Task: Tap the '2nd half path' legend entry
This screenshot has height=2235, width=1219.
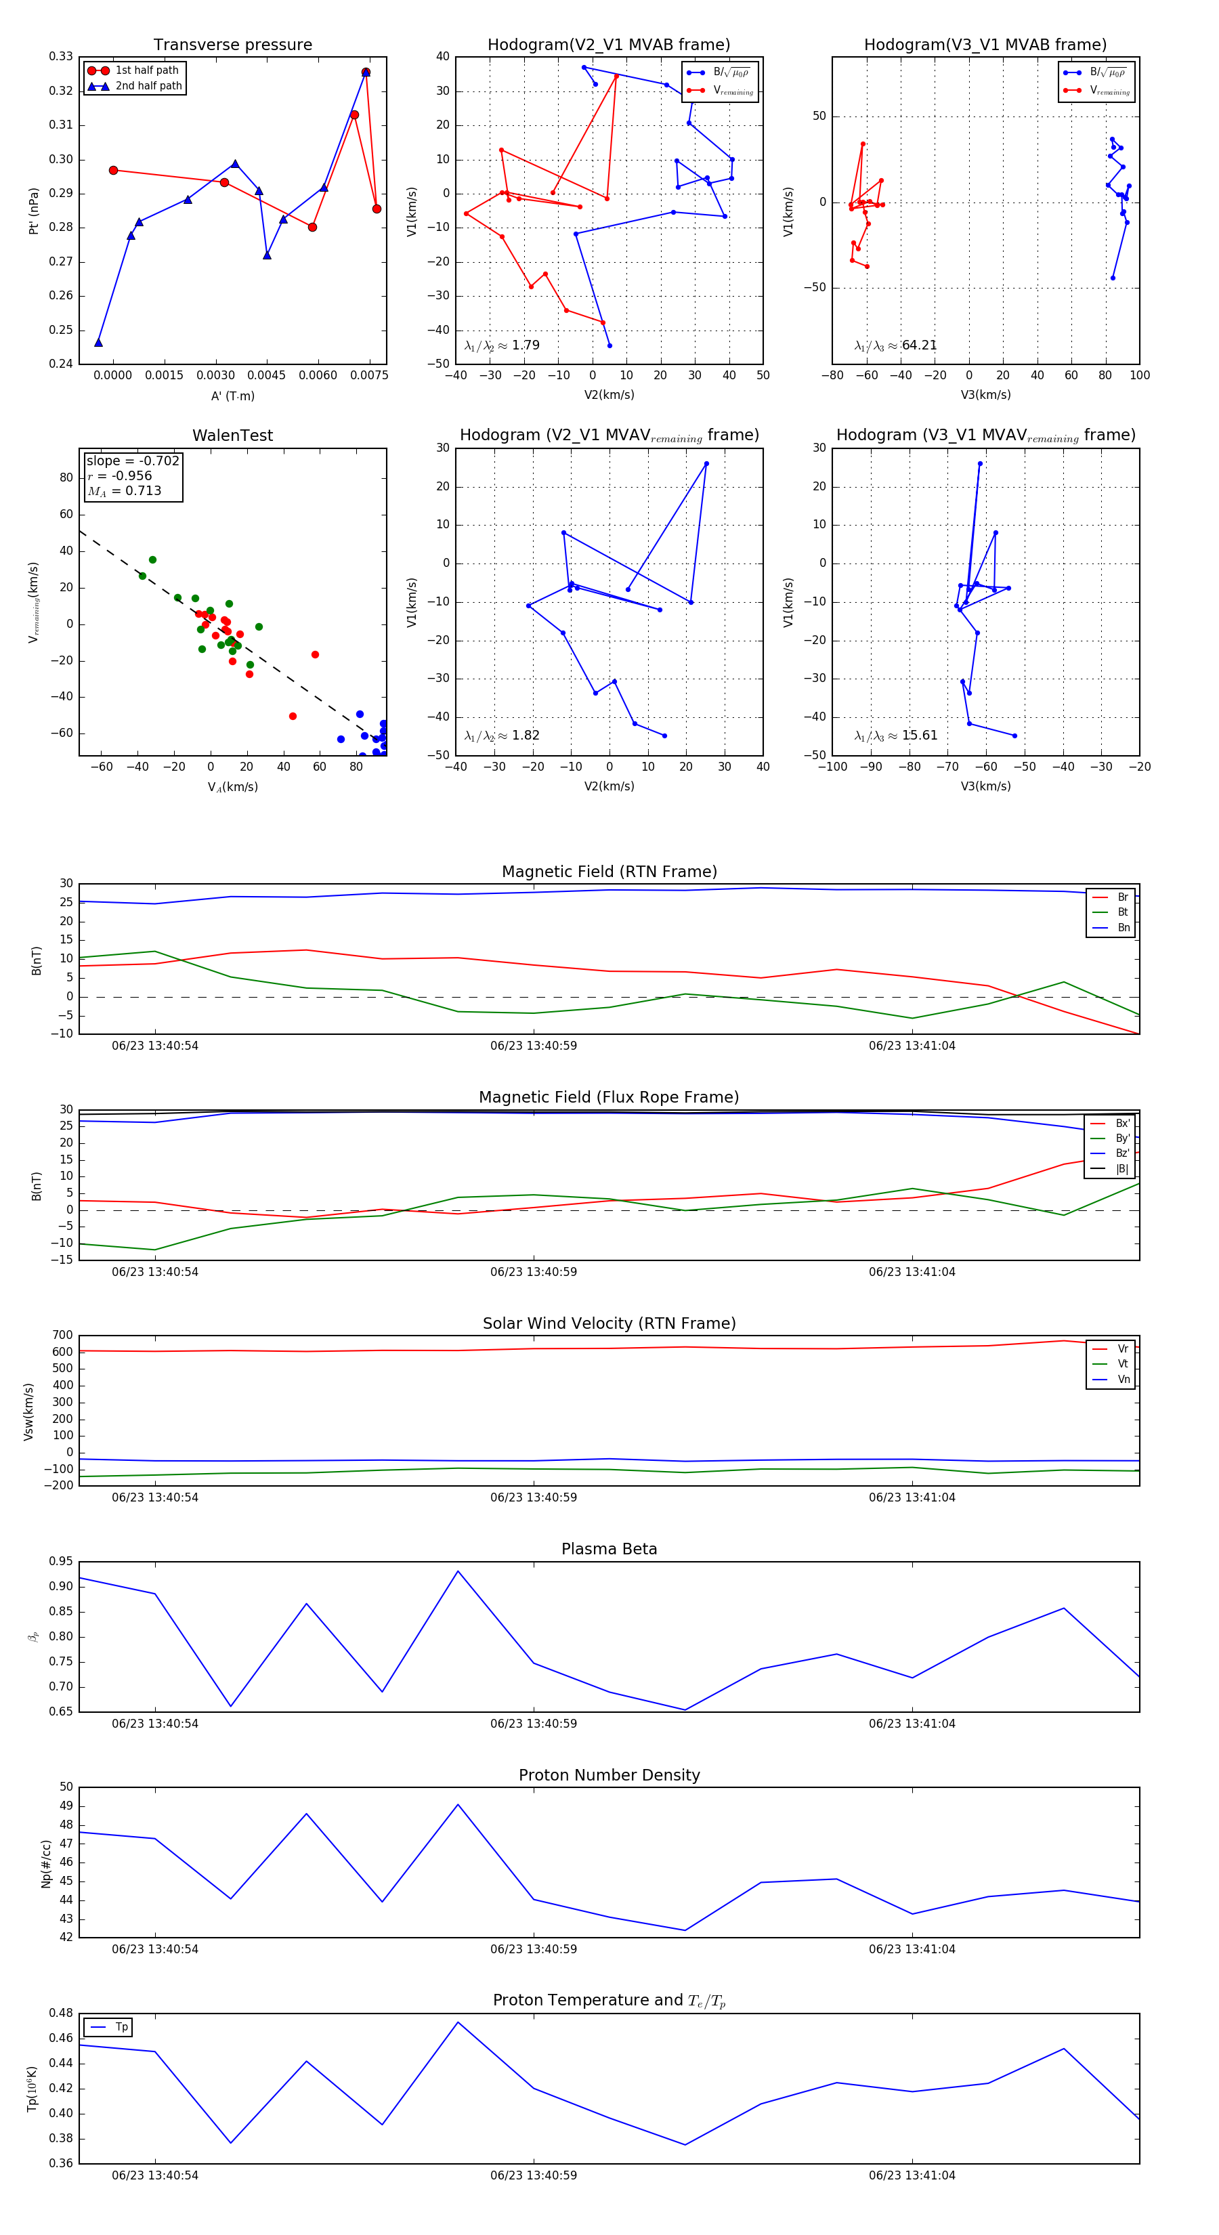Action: (148, 86)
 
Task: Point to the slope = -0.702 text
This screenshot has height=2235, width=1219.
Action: (133, 461)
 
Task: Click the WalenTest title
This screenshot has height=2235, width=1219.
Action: (232, 435)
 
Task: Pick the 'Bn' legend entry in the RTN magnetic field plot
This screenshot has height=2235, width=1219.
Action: (1123, 927)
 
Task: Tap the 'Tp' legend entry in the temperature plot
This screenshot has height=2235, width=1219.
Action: (121, 2027)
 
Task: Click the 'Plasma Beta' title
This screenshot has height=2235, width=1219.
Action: (609, 1549)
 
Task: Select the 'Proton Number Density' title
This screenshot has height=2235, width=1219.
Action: (609, 1775)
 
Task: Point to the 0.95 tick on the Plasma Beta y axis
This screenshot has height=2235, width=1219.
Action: (61, 1561)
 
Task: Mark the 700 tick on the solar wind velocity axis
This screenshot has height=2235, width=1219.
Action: (62, 1336)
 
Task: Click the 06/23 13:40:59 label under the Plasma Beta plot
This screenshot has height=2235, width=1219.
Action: (533, 1723)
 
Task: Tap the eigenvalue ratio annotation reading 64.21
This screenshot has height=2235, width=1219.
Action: (895, 345)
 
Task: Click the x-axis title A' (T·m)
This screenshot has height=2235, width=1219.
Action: (232, 396)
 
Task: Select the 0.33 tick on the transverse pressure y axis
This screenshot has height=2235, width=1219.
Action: (61, 56)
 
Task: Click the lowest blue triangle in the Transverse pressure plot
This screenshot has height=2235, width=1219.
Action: (98, 343)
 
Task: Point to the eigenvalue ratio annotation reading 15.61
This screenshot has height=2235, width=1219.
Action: (895, 736)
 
